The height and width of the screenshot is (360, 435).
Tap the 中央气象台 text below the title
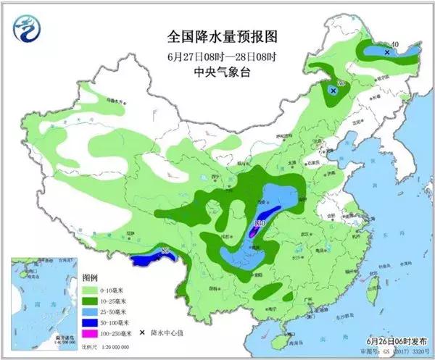(222, 72)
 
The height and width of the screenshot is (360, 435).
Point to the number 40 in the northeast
(394, 45)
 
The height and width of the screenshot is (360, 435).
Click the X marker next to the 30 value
(333, 91)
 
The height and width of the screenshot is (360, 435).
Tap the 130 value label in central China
(262, 223)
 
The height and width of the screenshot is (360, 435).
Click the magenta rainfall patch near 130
(254, 233)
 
